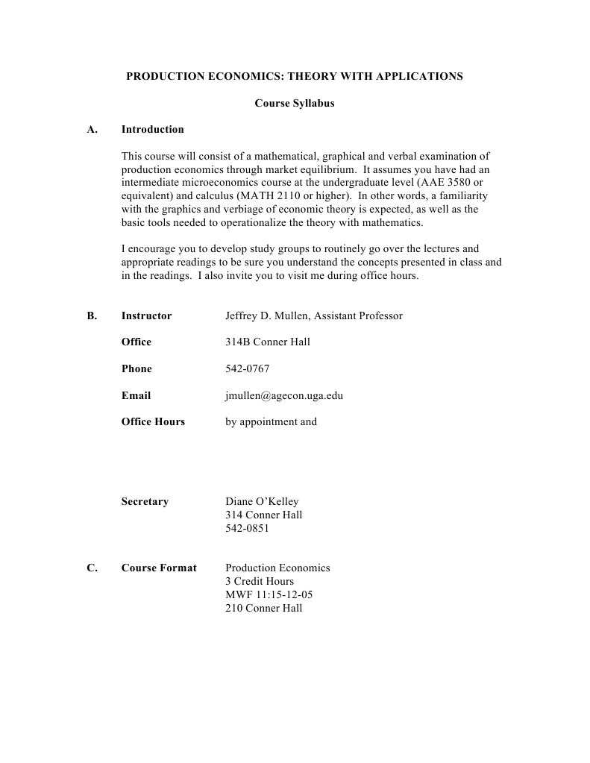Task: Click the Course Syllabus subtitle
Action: click(x=295, y=104)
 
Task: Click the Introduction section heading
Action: click(x=152, y=130)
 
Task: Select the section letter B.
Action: click(x=92, y=316)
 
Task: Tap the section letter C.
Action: click(x=92, y=568)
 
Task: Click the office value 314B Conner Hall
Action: click(x=268, y=342)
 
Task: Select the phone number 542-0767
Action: click(x=247, y=369)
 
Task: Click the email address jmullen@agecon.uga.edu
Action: click(x=284, y=396)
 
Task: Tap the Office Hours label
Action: click(x=153, y=422)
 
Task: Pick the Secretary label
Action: click(x=145, y=502)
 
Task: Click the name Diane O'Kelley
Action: click(x=262, y=502)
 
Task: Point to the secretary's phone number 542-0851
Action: click(x=247, y=529)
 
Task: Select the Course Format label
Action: click(x=159, y=568)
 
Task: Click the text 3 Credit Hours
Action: click(x=260, y=582)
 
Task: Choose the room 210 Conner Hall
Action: click(x=264, y=609)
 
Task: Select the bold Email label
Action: click(x=136, y=396)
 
